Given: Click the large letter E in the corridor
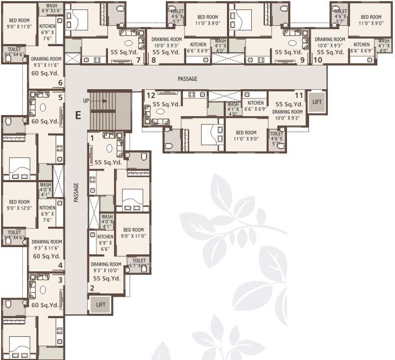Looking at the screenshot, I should point(78,115).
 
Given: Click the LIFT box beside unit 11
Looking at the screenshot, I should point(316,102).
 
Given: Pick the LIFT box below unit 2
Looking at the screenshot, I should point(100,304).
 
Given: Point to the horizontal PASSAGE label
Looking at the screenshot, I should point(187,79).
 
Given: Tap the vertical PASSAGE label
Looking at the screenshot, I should point(77,193).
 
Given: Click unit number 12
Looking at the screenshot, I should point(149,95).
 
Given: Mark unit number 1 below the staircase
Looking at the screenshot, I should point(92,138).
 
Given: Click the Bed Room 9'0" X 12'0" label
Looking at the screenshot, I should point(19,205).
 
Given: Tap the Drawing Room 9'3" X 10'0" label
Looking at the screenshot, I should point(106,267).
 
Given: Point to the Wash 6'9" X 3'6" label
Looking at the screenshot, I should point(51,9).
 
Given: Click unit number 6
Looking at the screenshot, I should point(60,83).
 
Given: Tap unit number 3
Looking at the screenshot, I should point(60,280).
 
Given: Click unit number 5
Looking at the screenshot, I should point(60,97).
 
